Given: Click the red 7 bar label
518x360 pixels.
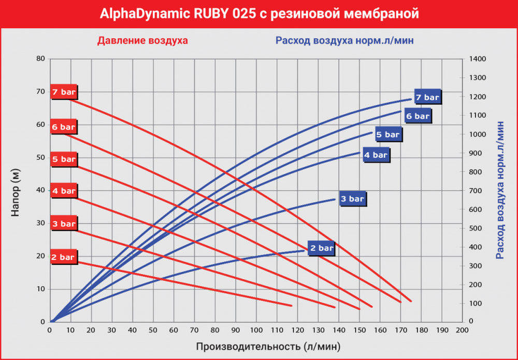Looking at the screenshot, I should [x=64, y=92].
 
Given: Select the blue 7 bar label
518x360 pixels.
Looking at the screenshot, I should [x=427, y=97].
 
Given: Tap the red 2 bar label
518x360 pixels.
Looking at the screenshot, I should [x=64, y=256].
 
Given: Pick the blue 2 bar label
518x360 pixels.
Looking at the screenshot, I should [x=322, y=248].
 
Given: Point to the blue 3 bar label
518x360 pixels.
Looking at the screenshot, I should [x=352, y=198].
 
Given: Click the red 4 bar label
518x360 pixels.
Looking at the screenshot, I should [x=64, y=191].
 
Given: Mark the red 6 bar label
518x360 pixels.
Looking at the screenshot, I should [x=64, y=126].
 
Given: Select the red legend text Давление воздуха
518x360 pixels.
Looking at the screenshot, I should [x=142, y=40].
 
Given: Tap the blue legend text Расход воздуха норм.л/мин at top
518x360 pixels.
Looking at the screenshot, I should [x=344, y=40].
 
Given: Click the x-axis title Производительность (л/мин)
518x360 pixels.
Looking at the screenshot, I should [x=268, y=345].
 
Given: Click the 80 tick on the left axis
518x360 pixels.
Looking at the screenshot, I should [x=41, y=59].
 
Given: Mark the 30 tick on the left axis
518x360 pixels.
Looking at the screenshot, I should [x=41, y=223].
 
